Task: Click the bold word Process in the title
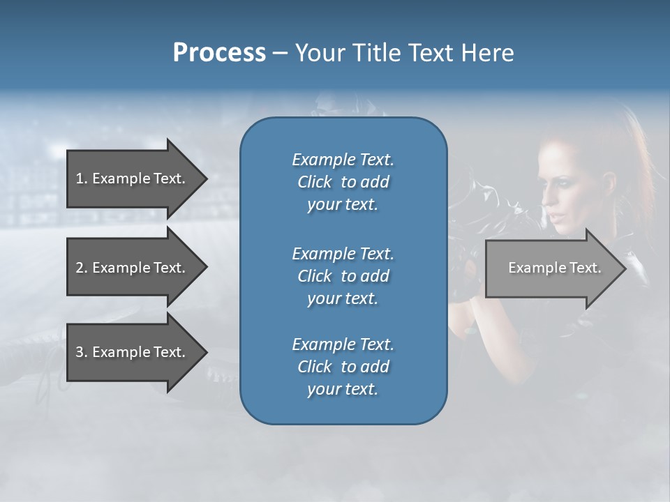(219, 53)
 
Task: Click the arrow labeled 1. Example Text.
(133, 178)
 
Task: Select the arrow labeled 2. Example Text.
(133, 268)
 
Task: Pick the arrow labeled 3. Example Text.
(133, 352)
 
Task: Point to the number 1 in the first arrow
(80, 178)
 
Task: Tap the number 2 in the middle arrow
(80, 268)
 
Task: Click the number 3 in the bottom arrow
(80, 352)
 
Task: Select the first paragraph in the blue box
(343, 182)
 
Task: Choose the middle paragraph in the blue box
(343, 276)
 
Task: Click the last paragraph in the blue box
(343, 367)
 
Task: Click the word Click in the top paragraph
(315, 182)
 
